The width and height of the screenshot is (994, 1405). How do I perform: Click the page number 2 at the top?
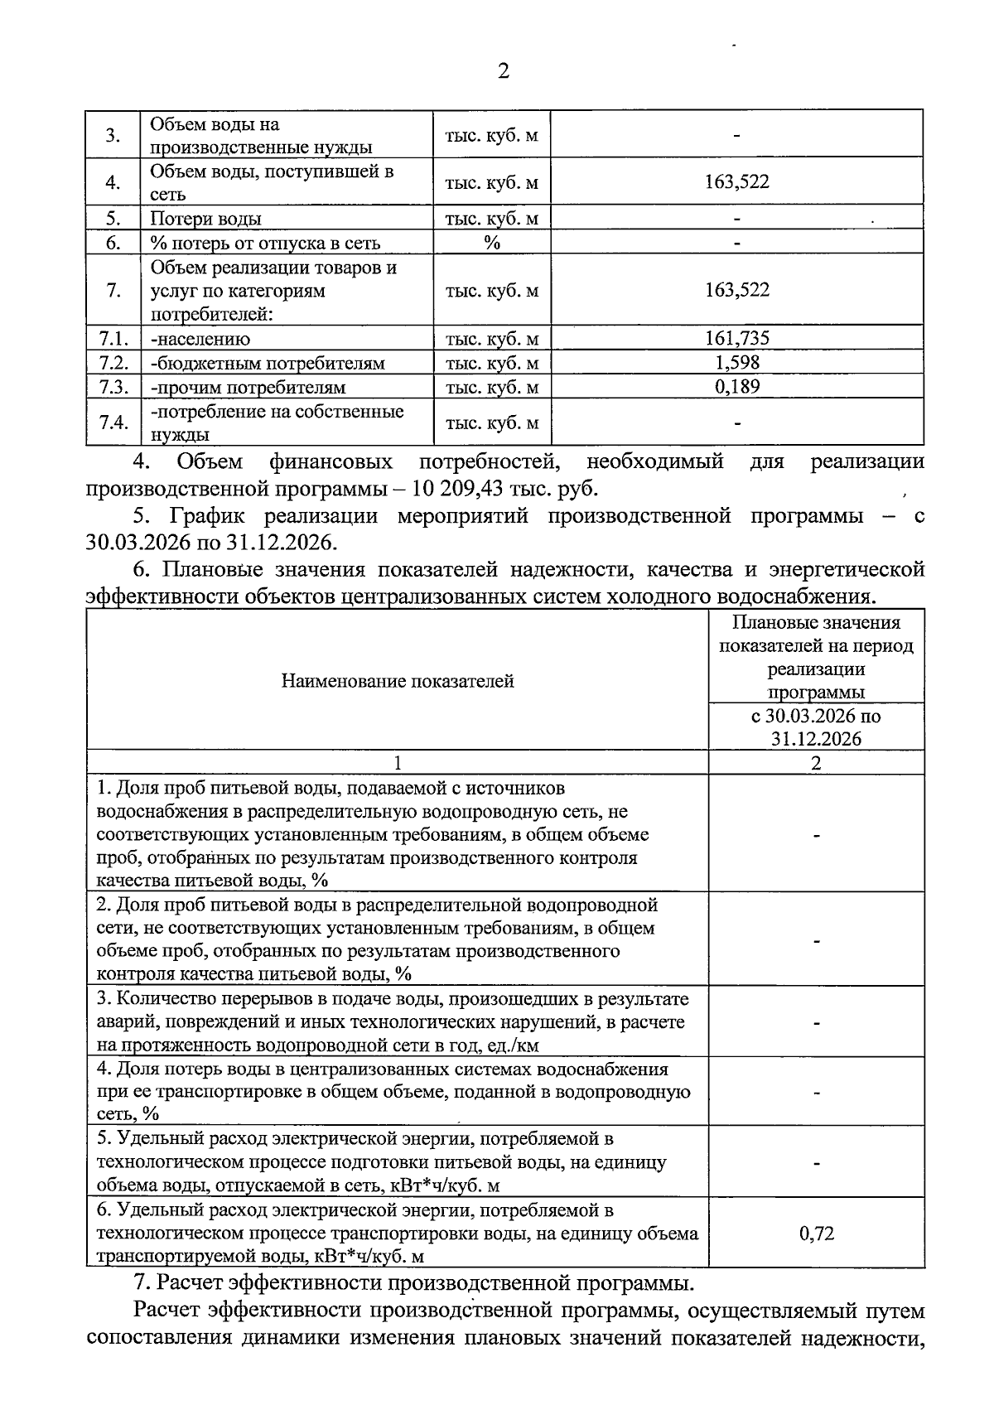click(503, 70)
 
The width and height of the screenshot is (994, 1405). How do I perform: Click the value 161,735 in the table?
click(736, 337)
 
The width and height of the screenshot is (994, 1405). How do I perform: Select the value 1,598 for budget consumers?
click(736, 362)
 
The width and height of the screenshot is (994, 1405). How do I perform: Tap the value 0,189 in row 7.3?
click(736, 386)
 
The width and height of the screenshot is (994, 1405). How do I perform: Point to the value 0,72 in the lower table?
click(816, 1234)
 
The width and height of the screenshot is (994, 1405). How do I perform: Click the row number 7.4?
click(113, 422)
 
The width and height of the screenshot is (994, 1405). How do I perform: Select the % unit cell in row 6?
click(492, 243)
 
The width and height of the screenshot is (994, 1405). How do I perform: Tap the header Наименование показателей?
click(398, 681)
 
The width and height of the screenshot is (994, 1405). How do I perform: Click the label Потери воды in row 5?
click(205, 219)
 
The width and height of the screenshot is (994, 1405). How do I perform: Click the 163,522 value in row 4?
click(736, 181)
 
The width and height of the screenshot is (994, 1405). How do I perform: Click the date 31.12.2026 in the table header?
click(816, 739)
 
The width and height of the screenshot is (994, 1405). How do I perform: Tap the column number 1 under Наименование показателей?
click(398, 763)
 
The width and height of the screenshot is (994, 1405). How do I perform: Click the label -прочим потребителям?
click(248, 388)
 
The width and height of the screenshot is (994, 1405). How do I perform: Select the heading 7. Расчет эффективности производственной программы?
click(414, 1284)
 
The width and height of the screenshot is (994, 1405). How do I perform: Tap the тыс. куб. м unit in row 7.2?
click(492, 363)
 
